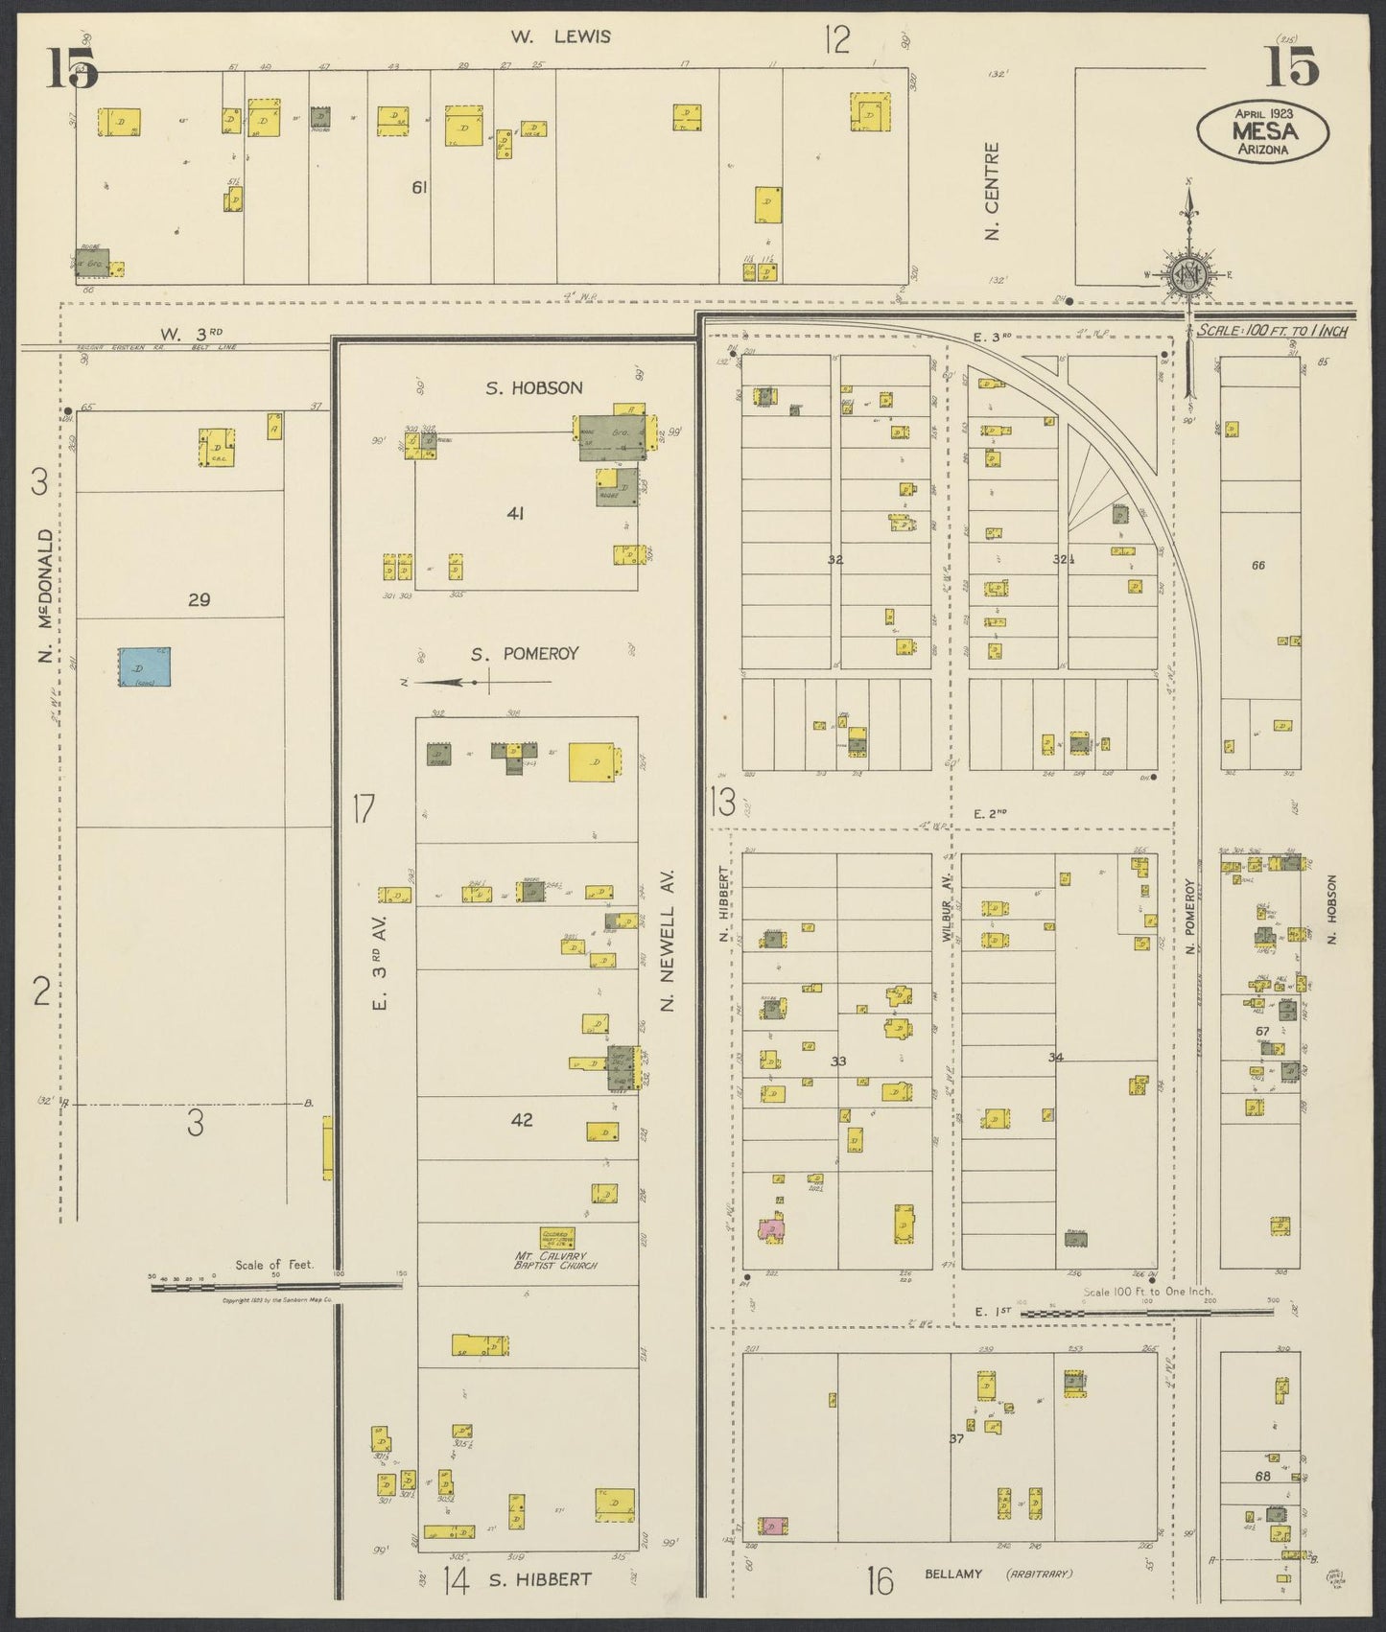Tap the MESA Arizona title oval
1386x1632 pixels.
(1262, 130)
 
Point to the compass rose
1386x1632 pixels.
(1190, 275)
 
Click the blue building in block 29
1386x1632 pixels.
(146, 666)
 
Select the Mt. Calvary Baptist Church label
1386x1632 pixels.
(556, 1259)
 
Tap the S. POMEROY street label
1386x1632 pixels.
(525, 654)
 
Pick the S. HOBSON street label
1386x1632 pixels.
(533, 388)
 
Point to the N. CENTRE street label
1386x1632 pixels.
(993, 191)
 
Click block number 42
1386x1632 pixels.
(522, 1119)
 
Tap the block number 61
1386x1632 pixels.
(418, 188)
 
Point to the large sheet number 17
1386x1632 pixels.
(362, 810)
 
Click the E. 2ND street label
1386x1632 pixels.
(989, 814)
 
